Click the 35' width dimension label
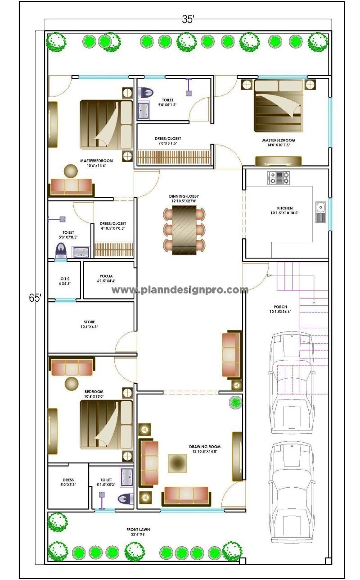point(188,19)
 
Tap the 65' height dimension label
point(35,298)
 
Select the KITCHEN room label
point(284,208)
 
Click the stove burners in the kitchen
point(278,177)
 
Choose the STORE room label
point(89,322)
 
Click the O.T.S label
point(65,278)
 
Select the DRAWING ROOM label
point(205,447)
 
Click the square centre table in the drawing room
point(177,463)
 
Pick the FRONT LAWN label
point(138,530)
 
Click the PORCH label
point(280,307)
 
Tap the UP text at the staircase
point(269,275)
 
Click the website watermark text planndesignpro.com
point(180,290)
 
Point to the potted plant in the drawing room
point(235,402)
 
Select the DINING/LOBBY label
point(184,196)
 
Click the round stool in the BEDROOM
point(72,384)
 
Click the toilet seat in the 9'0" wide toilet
point(147,93)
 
